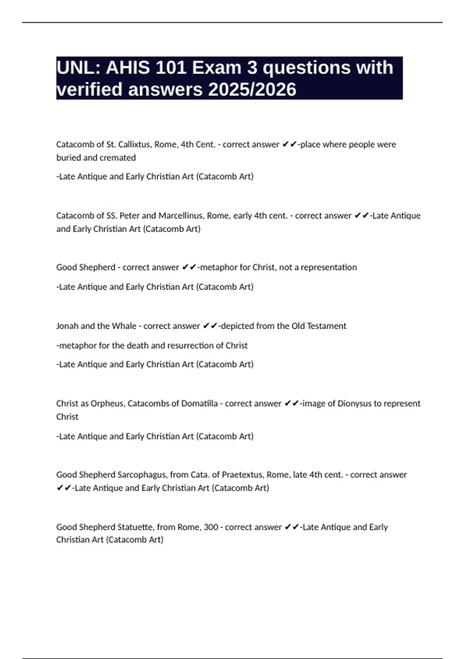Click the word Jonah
[67, 326]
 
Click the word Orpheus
[107, 404]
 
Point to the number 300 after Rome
[211, 527]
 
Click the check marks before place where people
[289, 145]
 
